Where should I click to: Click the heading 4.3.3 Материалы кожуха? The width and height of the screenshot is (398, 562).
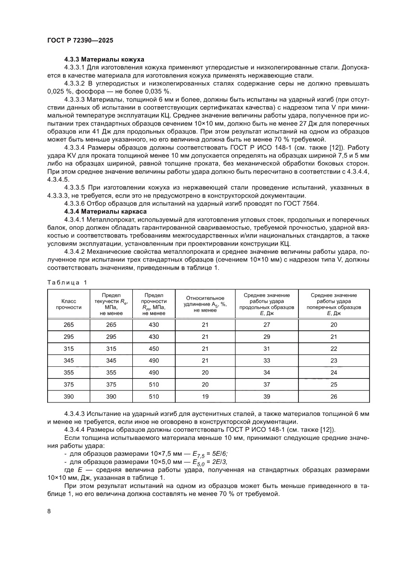point(104,59)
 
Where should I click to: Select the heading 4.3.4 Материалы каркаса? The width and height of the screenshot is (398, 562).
point(105,211)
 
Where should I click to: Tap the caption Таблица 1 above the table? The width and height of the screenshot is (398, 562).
point(67,282)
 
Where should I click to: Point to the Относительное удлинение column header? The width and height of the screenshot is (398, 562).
point(205,304)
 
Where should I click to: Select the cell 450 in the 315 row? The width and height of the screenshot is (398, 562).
point(154,349)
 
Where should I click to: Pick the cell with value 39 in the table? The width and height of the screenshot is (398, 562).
point(267,396)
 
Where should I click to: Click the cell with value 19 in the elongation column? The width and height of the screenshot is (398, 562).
point(205,396)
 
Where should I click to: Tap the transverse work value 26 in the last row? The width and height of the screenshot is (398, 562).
point(334,396)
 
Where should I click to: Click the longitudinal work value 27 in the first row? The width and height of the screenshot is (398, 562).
point(267,325)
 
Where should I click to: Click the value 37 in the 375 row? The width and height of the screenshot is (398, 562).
point(267,384)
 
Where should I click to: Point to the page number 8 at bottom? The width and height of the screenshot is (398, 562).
point(49,511)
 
